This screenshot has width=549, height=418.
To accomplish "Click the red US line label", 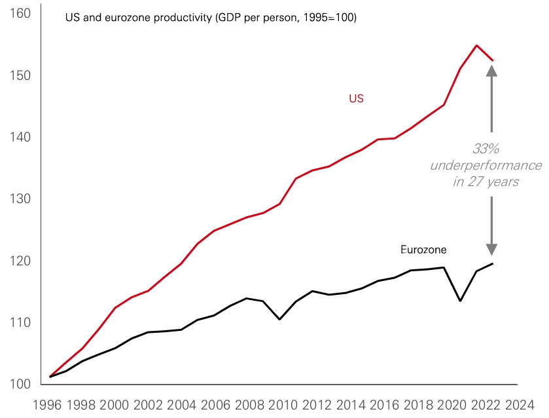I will coord(356,99).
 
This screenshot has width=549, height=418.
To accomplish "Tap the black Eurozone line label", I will coord(423,250).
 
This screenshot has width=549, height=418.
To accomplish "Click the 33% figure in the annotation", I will coord(486,149).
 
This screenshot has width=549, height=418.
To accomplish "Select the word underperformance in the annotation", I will coord(486,165).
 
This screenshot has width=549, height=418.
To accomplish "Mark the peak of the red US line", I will coord(476,45).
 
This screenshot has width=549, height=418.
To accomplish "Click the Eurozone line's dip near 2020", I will coord(460,301).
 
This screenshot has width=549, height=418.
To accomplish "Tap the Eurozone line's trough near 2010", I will coord(280,319).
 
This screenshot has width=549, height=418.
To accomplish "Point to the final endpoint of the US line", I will coord(493,60).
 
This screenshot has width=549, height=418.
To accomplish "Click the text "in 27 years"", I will coord(486,181).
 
